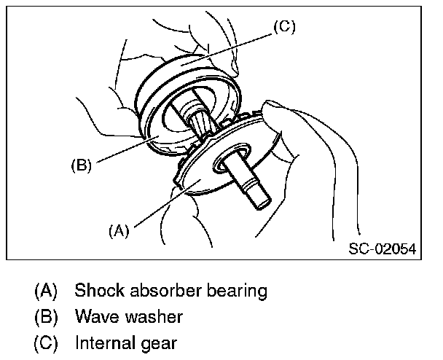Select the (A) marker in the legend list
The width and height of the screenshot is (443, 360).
45,291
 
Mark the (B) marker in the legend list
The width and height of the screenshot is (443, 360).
45,317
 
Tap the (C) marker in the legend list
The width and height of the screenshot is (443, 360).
45,342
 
